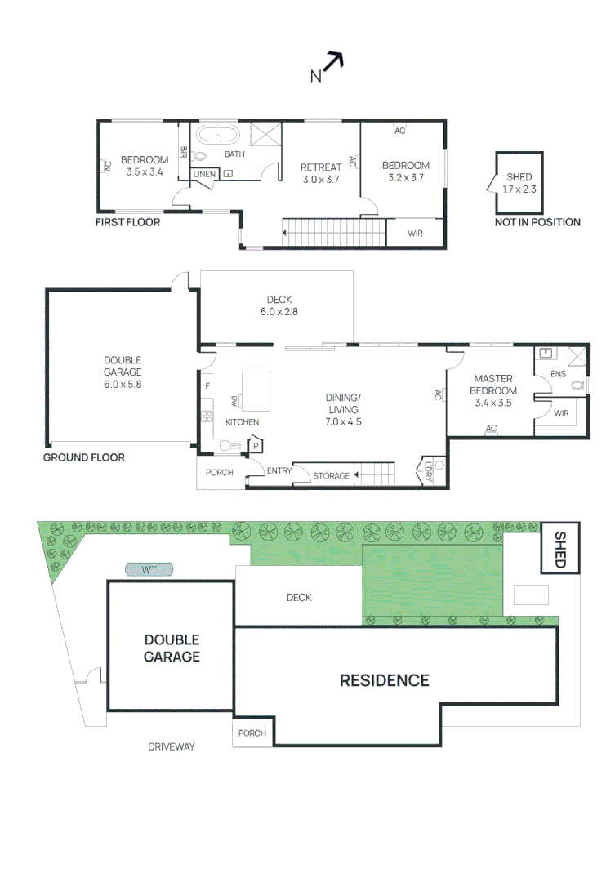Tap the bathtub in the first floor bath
click(218, 135)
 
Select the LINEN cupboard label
click(204, 175)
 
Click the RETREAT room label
click(321, 167)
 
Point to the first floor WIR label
click(415, 234)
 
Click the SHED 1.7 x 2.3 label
click(519, 183)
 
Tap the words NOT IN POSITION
click(537, 222)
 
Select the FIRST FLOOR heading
click(127, 222)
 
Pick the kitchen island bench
click(256, 391)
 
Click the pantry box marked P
click(256, 446)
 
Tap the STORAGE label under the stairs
click(332, 476)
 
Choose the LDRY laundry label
click(428, 471)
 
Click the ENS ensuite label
click(558, 374)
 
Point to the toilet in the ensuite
click(578, 385)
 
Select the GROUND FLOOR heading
click(84, 458)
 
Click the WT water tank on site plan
click(149, 570)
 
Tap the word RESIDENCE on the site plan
click(385, 680)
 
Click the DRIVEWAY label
click(171, 746)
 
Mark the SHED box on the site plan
click(559, 549)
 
